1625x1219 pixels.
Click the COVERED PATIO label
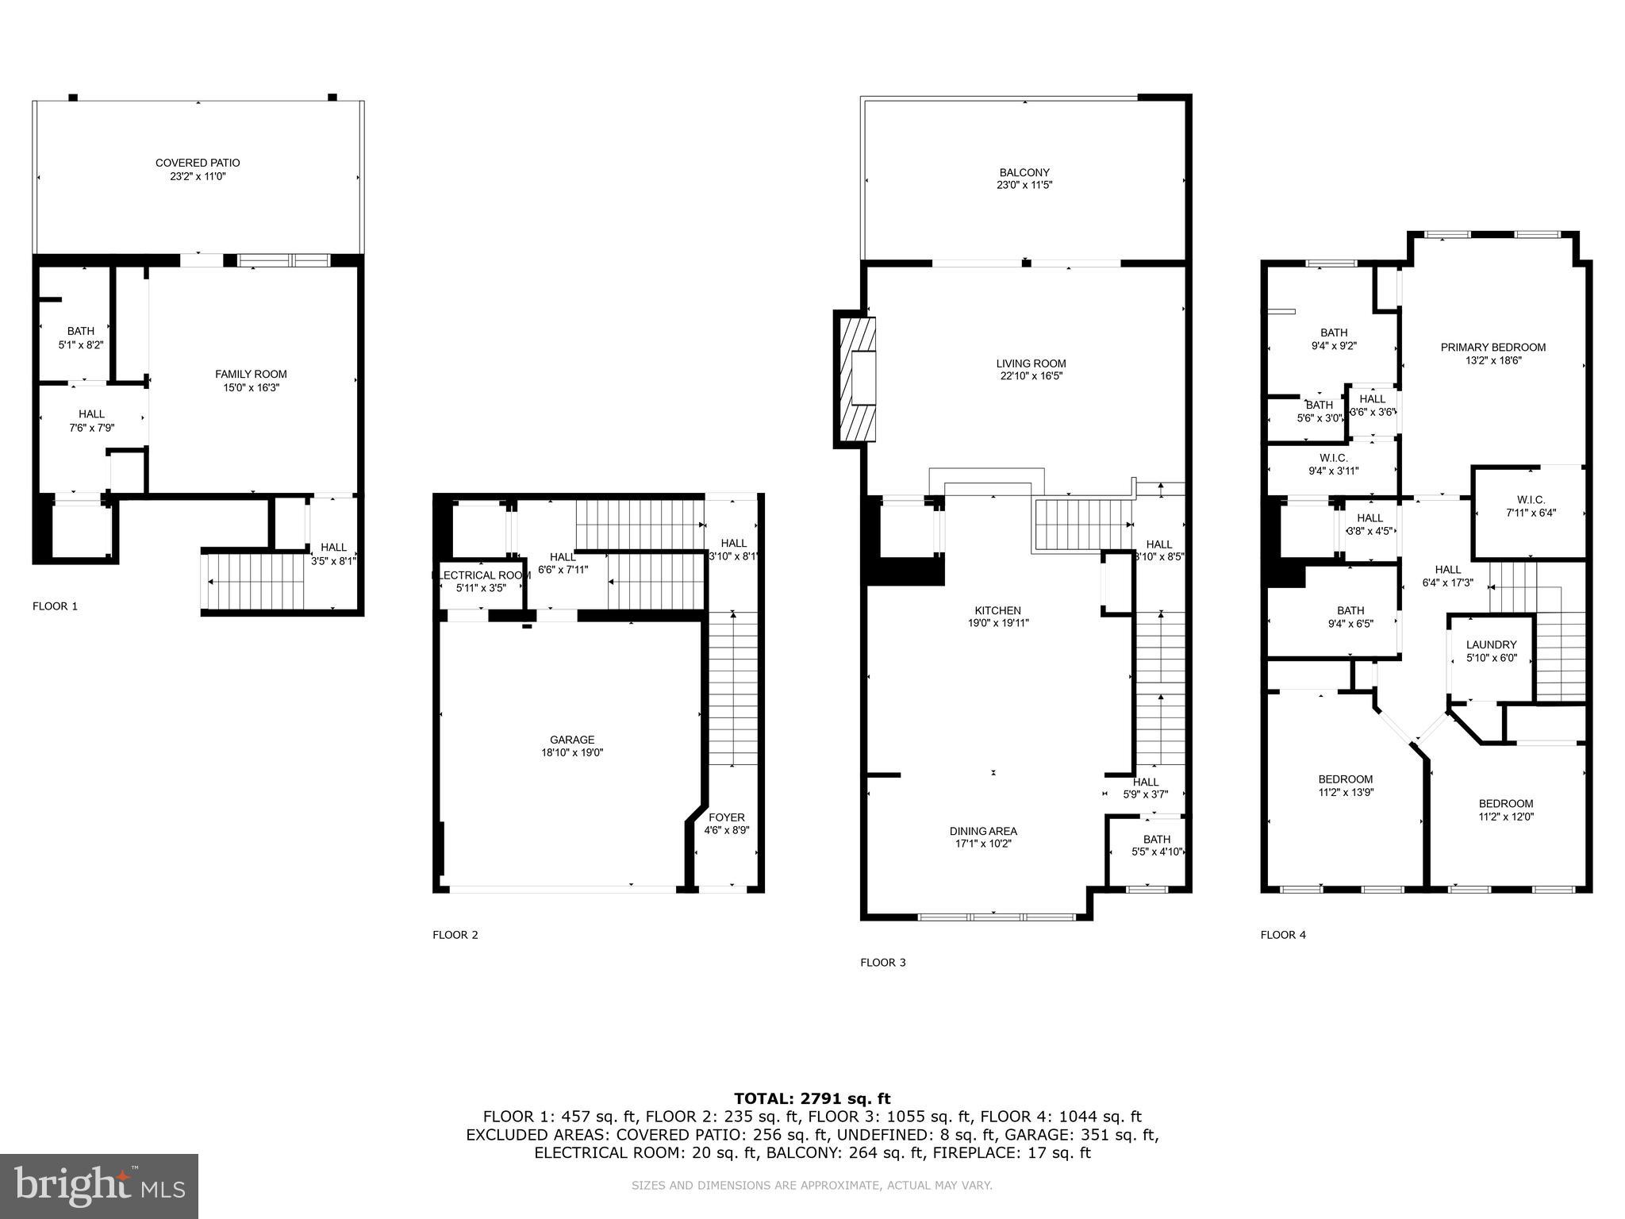198,163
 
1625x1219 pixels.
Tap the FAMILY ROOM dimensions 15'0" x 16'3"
251,388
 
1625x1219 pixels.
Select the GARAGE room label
571,740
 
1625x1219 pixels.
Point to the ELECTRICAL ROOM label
481,575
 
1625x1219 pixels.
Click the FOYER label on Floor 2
726,817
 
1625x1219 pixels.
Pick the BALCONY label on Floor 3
1024,172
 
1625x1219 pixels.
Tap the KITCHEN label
997,610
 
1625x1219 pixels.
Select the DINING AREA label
983,831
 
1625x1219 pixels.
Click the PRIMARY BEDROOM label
1492,347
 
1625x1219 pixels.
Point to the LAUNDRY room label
1491,644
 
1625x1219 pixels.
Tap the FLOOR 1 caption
55,606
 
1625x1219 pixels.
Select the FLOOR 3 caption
882,963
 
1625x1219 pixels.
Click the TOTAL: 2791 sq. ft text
812,1098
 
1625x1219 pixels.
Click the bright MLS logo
99,1186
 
